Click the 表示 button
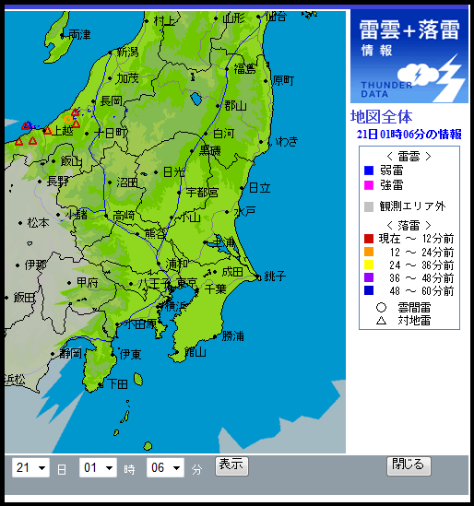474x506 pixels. (231, 465)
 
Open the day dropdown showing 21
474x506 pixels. (30, 468)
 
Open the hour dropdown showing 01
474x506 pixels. (98, 468)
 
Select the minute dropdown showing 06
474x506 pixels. (165, 468)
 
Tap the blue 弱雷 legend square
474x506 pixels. (369, 171)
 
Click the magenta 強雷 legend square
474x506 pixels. (369, 185)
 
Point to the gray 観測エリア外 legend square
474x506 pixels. (369, 206)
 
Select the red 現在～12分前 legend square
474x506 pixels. (369, 240)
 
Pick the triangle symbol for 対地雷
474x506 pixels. (380, 321)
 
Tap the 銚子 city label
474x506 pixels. (274, 277)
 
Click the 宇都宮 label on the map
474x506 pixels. (202, 193)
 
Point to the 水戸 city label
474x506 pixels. (244, 211)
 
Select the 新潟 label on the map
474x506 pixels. (126, 52)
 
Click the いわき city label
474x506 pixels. (286, 141)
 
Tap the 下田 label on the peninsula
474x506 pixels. (118, 383)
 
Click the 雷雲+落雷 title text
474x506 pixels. (409, 29)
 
